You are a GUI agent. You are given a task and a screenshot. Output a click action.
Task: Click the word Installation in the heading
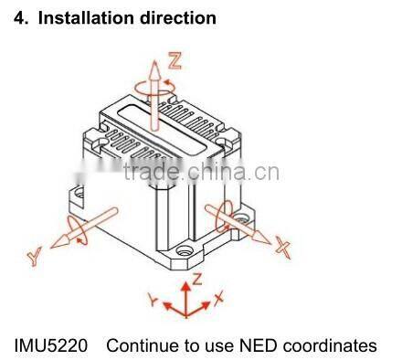[81, 17]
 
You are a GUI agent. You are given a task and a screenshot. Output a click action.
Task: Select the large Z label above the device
[175, 63]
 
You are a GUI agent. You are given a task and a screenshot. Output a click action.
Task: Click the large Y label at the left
[36, 259]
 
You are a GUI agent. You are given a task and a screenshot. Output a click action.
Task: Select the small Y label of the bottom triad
[154, 299]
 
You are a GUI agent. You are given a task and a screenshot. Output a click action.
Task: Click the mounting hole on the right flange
[243, 217]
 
